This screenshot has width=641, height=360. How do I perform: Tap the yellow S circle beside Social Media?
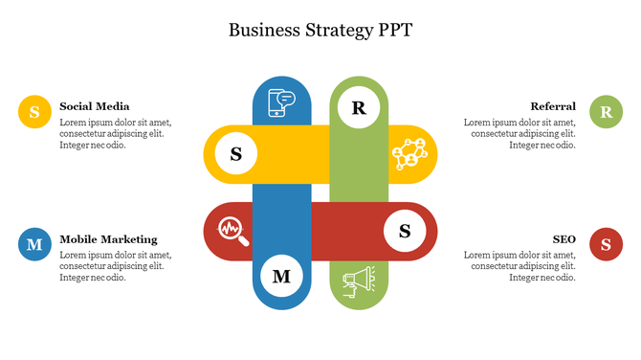(x=34, y=112)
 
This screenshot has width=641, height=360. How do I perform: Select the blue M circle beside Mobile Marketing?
(x=34, y=244)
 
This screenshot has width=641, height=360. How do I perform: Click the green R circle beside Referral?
(x=606, y=112)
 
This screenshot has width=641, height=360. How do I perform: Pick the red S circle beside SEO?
(x=606, y=244)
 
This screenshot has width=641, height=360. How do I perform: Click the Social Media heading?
(x=94, y=106)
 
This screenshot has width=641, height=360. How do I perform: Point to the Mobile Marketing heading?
(x=108, y=239)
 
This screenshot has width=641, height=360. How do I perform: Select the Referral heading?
(x=553, y=106)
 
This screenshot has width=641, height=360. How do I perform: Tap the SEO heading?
(x=564, y=239)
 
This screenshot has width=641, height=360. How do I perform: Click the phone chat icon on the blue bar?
(x=282, y=101)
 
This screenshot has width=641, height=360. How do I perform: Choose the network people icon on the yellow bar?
(x=409, y=153)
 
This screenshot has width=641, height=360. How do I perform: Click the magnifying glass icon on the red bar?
(x=232, y=231)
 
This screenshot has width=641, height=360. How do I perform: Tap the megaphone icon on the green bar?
(x=359, y=281)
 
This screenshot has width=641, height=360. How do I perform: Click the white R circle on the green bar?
(x=359, y=107)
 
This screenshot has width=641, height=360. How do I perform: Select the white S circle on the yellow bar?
(x=235, y=153)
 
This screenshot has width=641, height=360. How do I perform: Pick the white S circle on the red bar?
(x=405, y=231)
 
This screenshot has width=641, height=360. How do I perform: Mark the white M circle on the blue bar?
(x=282, y=277)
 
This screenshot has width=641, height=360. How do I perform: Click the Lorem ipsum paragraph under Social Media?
(x=116, y=134)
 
